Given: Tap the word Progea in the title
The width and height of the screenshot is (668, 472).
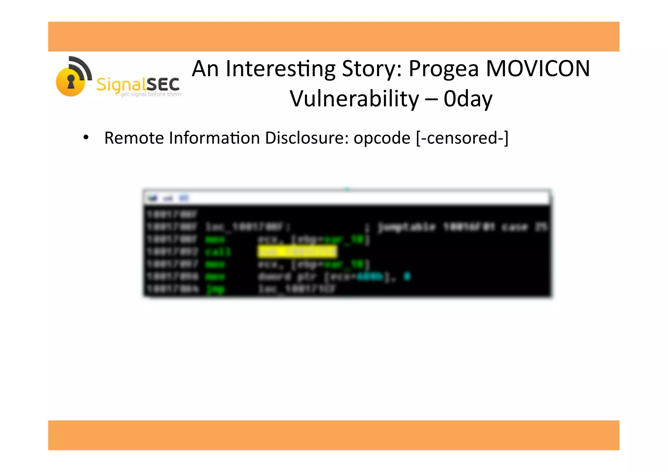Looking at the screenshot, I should (x=444, y=69).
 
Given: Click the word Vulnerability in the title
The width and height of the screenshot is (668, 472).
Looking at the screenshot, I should (x=354, y=99).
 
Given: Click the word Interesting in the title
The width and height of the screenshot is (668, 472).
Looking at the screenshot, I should (x=281, y=69).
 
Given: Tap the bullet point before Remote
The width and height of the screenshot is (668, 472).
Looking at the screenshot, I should (x=86, y=137).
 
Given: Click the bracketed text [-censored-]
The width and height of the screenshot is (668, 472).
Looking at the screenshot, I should (x=462, y=138).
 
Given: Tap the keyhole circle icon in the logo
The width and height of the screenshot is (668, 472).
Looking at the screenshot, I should (x=71, y=82).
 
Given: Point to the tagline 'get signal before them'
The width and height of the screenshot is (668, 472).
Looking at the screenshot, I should (x=150, y=94).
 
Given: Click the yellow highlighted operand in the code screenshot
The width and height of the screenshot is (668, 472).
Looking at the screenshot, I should (x=297, y=251).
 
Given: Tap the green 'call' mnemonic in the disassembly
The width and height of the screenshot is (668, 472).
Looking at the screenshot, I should (x=218, y=252).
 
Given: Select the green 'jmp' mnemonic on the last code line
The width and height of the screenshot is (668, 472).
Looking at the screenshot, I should (x=215, y=289).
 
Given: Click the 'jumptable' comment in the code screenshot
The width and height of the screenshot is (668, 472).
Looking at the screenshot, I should (x=406, y=227).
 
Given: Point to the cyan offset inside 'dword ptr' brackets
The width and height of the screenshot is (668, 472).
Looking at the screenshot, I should (x=370, y=277).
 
